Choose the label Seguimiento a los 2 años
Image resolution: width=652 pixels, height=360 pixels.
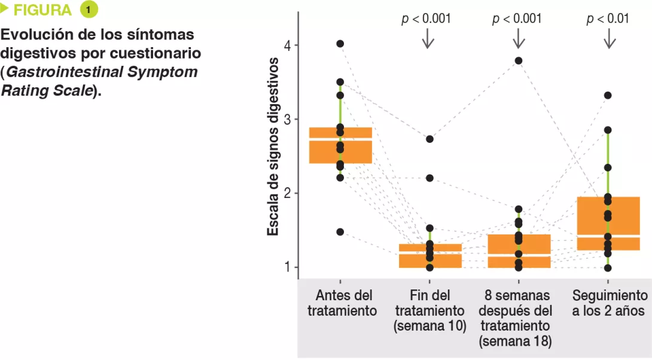click(x=609, y=303)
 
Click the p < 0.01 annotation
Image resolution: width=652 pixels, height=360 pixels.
click(x=608, y=19)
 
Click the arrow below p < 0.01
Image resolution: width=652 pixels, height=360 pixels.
click(x=609, y=39)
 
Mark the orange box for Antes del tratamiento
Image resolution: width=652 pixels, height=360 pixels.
click(x=340, y=145)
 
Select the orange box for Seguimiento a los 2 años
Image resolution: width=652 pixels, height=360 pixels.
click(x=609, y=223)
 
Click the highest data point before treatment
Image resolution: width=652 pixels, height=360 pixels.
click(x=340, y=44)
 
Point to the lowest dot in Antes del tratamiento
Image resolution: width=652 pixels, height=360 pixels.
click(x=340, y=231)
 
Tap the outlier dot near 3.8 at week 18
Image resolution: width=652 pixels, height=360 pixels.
click(x=519, y=60)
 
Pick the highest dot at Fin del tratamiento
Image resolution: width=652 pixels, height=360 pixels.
click(x=429, y=139)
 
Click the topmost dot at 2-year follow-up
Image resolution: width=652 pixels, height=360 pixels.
click(x=608, y=95)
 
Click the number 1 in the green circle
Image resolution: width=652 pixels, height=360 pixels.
click(x=89, y=10)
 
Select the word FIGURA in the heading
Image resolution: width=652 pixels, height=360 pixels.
click(x=42, y=10)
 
